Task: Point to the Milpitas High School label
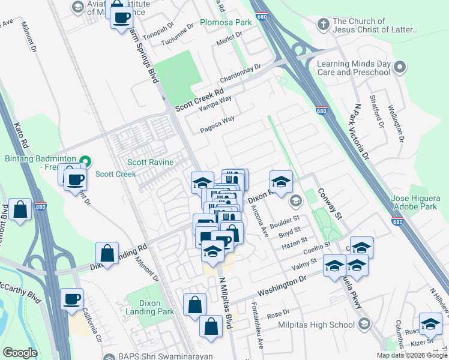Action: [x=317, y=325]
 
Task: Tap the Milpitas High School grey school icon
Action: [x=363, y=325]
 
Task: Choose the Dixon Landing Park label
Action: [x=156, y=307]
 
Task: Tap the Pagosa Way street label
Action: [x=217, y=122]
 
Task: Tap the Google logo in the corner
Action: [x=20, y=353]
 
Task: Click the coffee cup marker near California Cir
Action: [x=72, y=299]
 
